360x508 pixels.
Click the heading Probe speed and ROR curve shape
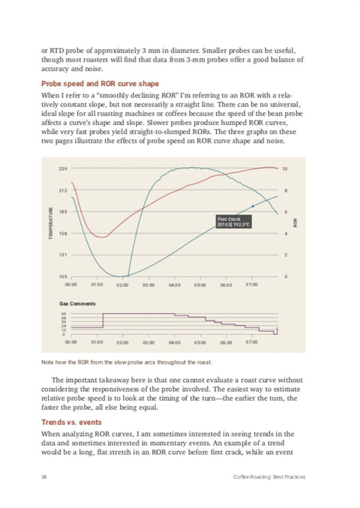coord(100,84)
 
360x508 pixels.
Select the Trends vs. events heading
coord(71,422)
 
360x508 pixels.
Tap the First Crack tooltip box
coord(233,222)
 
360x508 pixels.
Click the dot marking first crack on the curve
coord(253,206)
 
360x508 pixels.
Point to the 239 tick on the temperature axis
coord(63,169)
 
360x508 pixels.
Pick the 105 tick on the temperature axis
coord(63,276)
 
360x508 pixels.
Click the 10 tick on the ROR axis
coord(285,169)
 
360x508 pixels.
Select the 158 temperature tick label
coord(63,233)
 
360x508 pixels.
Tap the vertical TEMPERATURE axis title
coord(50,223)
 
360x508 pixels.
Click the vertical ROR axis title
coord(295,223)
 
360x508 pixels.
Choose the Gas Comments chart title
coord(77,303)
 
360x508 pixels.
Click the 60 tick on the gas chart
coord(64,314)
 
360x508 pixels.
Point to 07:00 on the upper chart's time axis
coord(252,285)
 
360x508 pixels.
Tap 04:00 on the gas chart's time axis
coord(175,342)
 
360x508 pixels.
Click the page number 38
coord(43,477)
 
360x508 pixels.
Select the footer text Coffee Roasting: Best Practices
coord(269,477)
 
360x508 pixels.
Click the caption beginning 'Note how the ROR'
coord(127,362)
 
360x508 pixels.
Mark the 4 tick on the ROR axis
coord(286,233)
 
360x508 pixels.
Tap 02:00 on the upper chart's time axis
coord(122,285)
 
